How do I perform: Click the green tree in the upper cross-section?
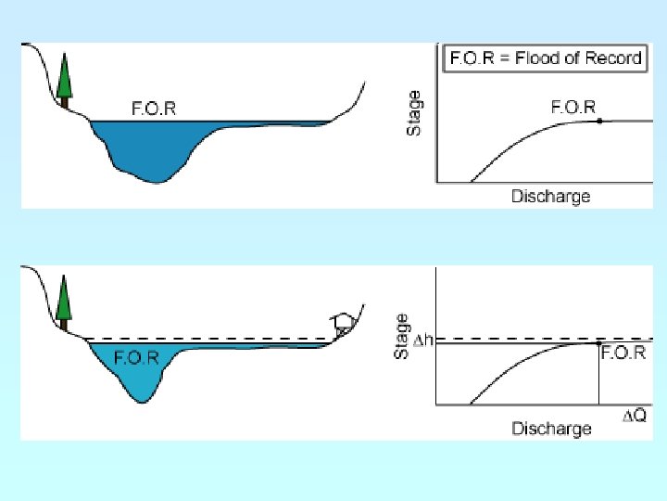(64, 76)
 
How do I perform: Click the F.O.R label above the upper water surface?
(153, 109)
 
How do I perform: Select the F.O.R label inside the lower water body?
(135, 357)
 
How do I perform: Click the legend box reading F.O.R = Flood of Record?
(545, 58)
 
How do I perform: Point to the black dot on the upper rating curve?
(599, 122)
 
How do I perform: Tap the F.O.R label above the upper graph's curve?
(573, 107)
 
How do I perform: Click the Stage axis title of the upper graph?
(415, 112)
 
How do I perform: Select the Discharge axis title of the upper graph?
(550, 196)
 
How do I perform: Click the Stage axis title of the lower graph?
(402, 335)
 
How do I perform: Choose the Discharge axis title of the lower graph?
(551, 428)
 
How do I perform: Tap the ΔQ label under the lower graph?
(634, 417)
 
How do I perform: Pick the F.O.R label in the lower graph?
(623, 353)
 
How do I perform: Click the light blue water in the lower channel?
(139, 376)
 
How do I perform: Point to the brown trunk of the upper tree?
(64, 103)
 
